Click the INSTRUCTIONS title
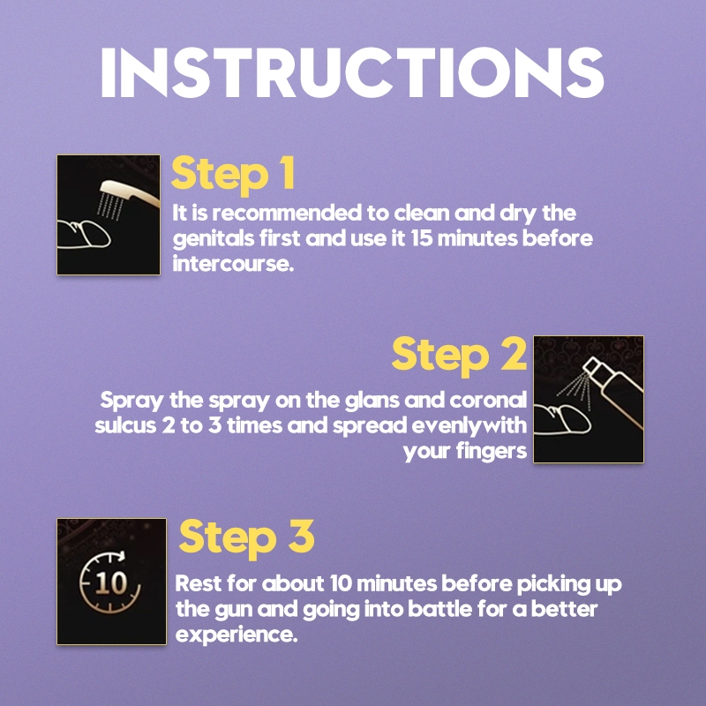(x=352, y=72)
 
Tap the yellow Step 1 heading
(x=233, y=175)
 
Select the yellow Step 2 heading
(x=459, y=356)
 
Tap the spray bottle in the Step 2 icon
(x=613, y=389)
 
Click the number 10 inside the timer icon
(x=110, y=583)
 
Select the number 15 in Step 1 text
(x=422, y=238)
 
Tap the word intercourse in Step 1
(x=233, y=263)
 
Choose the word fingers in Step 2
(x=491, y=452)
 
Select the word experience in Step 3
(x=236, y=635)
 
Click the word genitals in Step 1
(x=214, y=239)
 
